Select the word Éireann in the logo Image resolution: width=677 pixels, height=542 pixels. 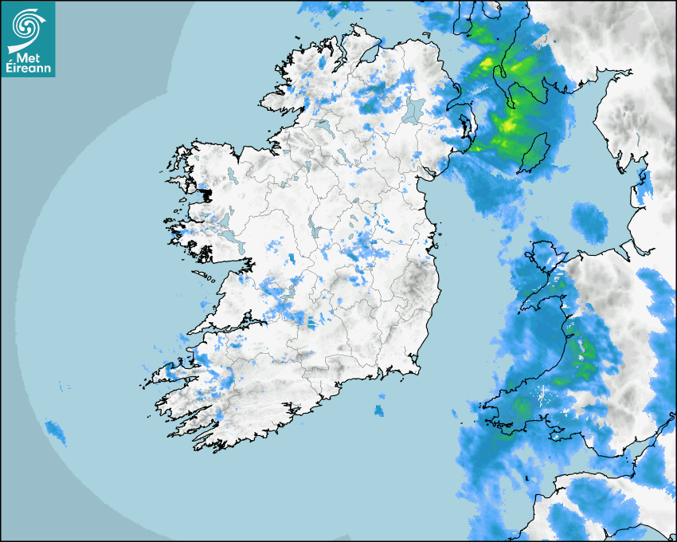click(x=29, y=69)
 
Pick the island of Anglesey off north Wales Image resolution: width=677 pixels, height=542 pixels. click(x=544, y=257)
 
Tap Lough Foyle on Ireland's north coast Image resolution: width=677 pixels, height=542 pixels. click(x=370, y=53)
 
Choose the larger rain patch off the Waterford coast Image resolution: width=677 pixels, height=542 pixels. click(x=379, y=410)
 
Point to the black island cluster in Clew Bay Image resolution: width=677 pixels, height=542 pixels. click(x=206, y=193)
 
